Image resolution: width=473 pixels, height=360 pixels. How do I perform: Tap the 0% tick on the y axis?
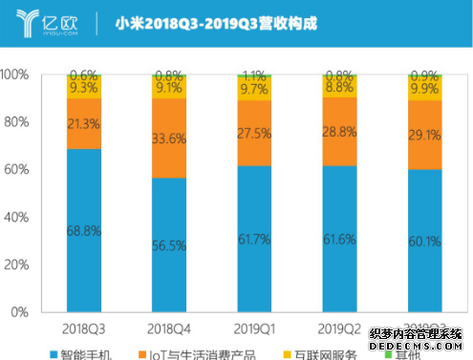[23, 312]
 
